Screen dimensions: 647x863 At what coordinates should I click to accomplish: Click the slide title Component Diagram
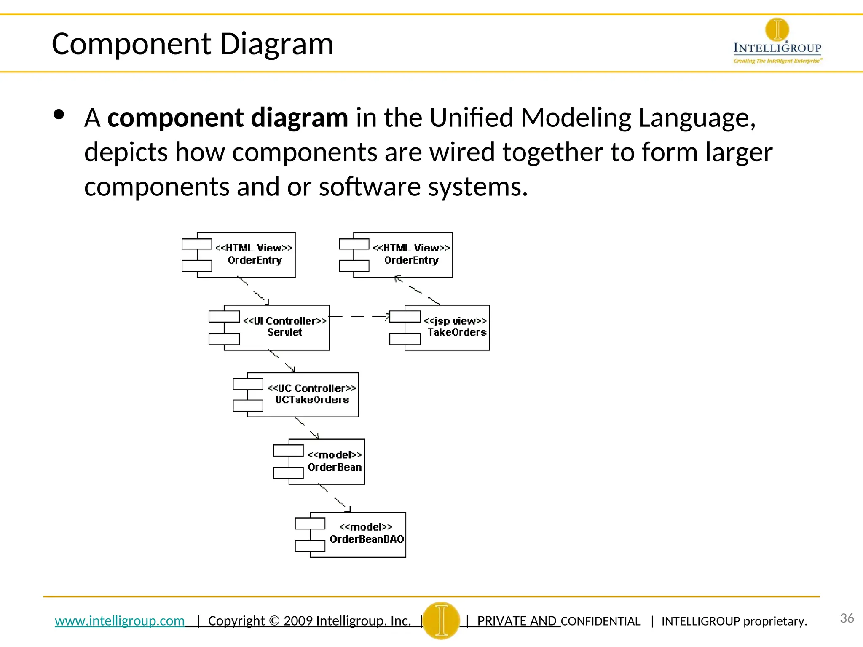192,44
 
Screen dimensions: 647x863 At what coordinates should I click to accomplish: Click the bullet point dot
59,115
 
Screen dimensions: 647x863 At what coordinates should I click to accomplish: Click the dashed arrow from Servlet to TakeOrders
359,316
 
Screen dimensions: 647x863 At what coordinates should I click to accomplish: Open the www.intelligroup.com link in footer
120,620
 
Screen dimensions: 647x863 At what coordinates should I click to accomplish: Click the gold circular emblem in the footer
441,620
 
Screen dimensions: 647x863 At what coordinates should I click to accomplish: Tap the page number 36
847,618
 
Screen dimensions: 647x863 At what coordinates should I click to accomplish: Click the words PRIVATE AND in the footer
517,621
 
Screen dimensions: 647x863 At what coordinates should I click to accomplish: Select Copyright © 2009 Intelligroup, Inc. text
309,620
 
